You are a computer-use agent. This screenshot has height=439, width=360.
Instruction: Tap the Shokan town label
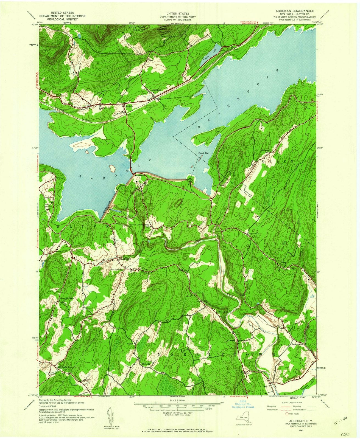point(129,106)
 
